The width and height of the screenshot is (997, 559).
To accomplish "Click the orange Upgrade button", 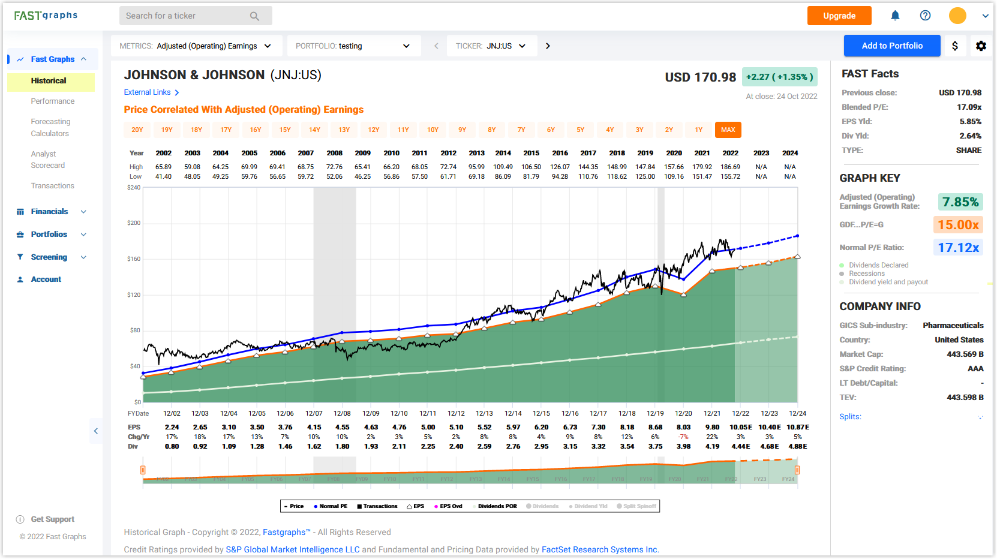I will point(839,16).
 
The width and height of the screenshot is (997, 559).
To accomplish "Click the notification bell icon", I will point(895,16).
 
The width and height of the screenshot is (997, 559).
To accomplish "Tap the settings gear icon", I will point(981,46).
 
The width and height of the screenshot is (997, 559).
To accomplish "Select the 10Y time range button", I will point(433,130).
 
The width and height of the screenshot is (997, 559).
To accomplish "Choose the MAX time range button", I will point(728,130).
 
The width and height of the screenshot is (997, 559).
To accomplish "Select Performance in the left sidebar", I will point(53,101).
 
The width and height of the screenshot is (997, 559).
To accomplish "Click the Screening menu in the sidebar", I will point(49,257).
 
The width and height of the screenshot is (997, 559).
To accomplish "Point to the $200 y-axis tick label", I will point(134,223).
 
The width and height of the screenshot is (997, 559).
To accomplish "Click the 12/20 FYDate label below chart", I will point(683,413).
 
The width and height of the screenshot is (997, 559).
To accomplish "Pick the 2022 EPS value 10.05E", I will point(740,427).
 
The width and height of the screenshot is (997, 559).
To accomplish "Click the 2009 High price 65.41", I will point(362,167).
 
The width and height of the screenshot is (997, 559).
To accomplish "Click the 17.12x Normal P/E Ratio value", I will point(958,247).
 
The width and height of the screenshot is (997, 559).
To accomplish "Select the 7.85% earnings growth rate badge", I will point(960,202).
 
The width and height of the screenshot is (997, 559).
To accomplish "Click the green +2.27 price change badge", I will point(779,77).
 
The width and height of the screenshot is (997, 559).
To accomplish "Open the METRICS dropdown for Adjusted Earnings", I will point(196,46).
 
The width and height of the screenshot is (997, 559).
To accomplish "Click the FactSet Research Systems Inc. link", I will point(600,549).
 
